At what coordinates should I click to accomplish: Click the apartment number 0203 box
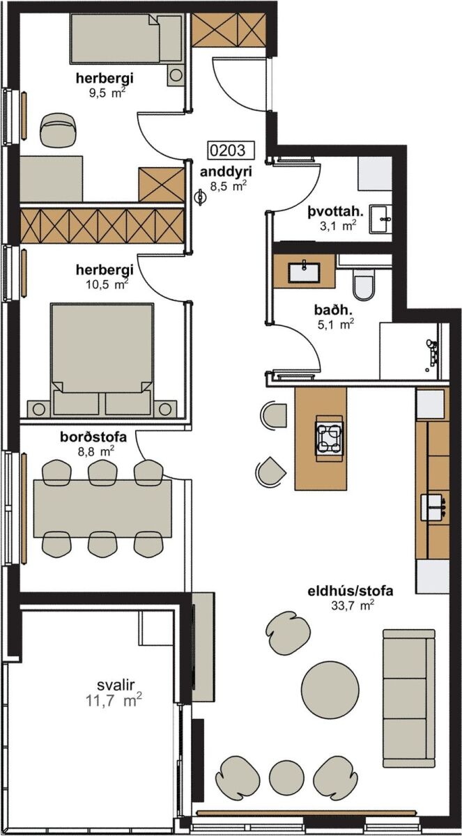click(231, 150)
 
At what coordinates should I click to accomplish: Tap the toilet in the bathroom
click(364, 284)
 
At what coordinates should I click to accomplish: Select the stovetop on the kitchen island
click(329, 435)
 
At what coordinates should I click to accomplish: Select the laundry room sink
click(380, 219)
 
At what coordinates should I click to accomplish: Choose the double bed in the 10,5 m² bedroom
click(102, 359)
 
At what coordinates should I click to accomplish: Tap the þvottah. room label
click(335, 212)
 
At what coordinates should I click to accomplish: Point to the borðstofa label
click(93, 437)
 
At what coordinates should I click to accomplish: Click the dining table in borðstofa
click(102, 509)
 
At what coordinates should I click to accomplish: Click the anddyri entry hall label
click(226, 172)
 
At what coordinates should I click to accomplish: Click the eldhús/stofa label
click(351, 591)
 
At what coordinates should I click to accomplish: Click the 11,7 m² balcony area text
click(114, 700)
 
